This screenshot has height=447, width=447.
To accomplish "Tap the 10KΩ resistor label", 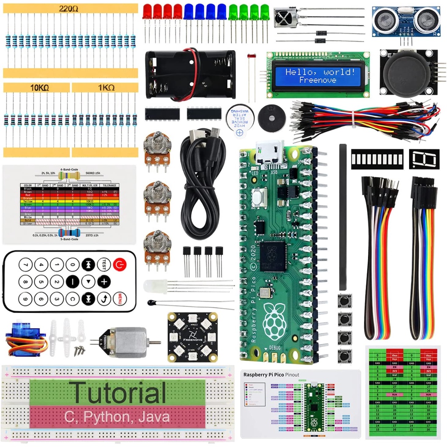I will [x=39, y=88].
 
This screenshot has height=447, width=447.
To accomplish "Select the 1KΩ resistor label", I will [x=106, y=88].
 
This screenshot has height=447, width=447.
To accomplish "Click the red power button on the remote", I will [x=118, y=264].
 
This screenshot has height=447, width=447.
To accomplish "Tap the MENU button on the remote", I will [x=118, y=299].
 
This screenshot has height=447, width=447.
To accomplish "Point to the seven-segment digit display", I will [x=423, y=159].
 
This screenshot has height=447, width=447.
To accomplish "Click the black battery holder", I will [x=190, y=74].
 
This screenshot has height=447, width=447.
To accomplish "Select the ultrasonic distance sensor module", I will [x=406, y=21].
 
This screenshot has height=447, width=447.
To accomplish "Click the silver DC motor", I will [x=127, y=342].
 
